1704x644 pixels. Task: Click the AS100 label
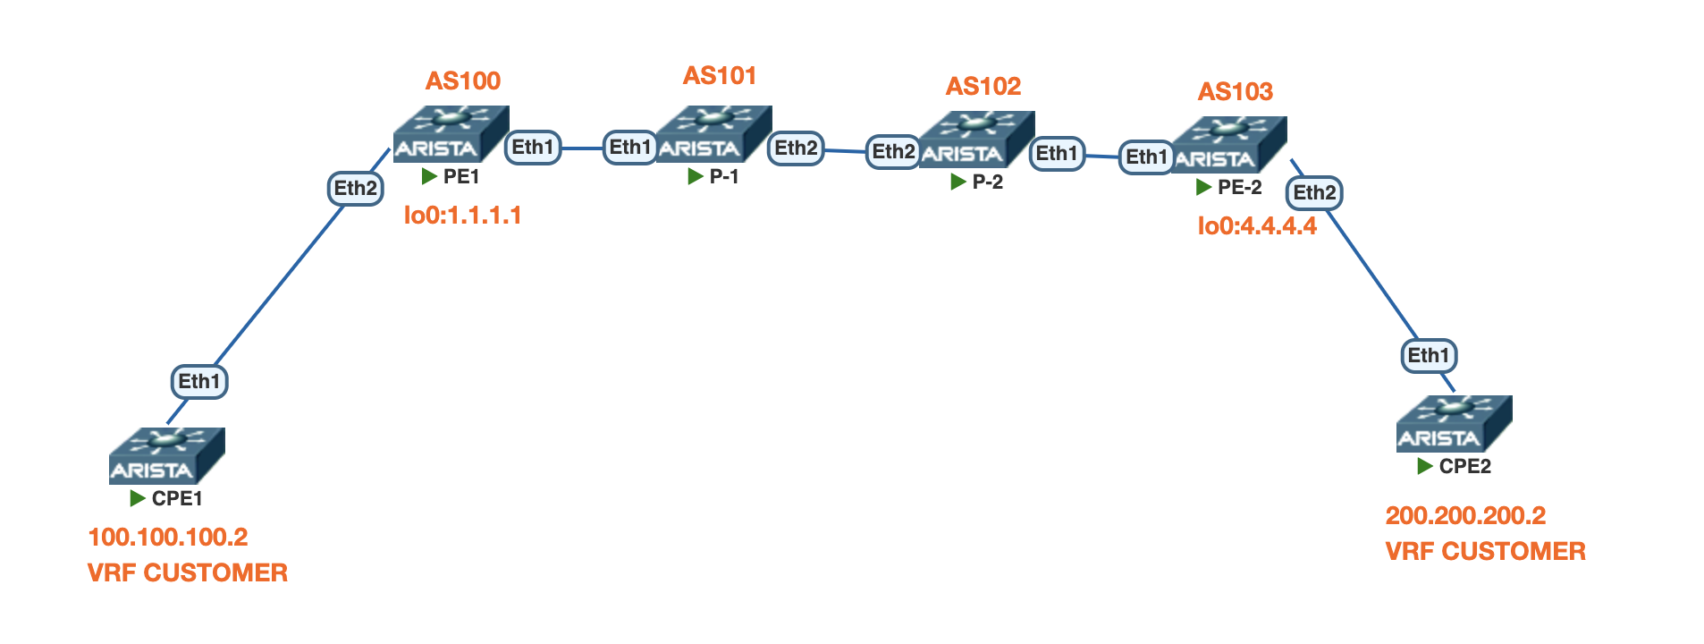462,81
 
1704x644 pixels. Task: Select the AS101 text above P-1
720,76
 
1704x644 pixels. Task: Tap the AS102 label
983,87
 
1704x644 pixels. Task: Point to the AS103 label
1235,92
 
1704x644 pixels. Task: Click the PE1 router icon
451,134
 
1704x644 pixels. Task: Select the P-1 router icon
713,134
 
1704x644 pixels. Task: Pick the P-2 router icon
976,140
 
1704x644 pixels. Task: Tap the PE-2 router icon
1228,144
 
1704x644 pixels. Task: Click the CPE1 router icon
166,455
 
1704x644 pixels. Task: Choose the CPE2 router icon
1454,423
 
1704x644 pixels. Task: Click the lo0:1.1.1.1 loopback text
462,216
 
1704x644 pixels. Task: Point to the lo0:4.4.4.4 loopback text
1256,226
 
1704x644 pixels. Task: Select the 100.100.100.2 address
168,537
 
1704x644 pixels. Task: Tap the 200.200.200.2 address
1465,516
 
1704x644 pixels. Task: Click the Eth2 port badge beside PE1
356,189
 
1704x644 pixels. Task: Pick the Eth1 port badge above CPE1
199,382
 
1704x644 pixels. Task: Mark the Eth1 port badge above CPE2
1428,356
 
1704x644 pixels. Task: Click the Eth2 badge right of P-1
796,148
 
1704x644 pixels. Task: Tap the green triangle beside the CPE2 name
1425,467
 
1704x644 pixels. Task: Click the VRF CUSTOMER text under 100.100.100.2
188,573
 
